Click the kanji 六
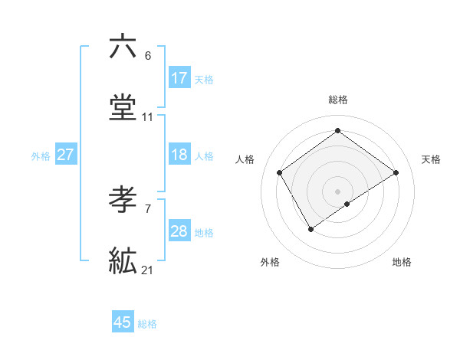point(123,47)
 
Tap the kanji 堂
point(123,108)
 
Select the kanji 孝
point(123,201)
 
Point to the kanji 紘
point(123,262)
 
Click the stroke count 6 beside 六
point(148,56)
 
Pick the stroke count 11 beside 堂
point(148,117)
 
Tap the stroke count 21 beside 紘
point(148,270)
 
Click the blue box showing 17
point(179,78)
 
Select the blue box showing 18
point(179,155)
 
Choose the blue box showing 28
point(179,231)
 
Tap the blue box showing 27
point(66,155)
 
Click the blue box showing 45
point(123,322)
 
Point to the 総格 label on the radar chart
point(338,100)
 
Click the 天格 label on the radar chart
point(432,159)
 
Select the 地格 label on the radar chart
point(402,262)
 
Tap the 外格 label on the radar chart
point(270,262)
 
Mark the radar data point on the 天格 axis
point(396,172)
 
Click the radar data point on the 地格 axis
point(347,204)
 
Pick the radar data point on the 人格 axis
point(280,172)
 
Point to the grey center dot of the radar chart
point(338,191)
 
